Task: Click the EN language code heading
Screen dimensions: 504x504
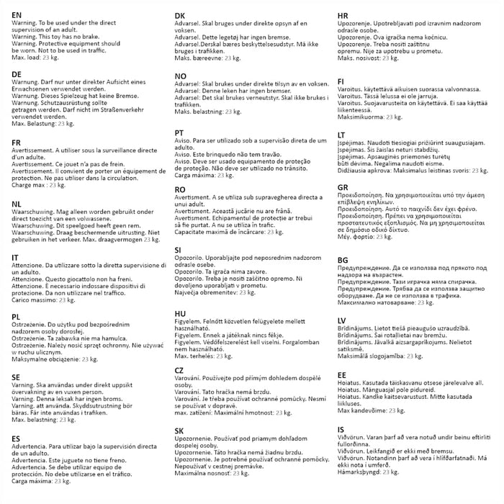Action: coord(17,15)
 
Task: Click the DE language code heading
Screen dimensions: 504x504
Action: coord(17,75)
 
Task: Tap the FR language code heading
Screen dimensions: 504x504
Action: coord(17,143)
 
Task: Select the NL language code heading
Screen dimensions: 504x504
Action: coord(17,204)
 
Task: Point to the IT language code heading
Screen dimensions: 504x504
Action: coord(15,257)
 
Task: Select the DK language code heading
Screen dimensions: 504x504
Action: coord(181,15)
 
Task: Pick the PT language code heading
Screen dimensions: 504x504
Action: coord(180,133)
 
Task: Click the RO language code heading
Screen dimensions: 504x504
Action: coord(181,189)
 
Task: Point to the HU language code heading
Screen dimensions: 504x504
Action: coord(181,314)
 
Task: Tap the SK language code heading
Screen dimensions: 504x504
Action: coord(180,431)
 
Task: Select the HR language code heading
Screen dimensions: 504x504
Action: coord(343,15)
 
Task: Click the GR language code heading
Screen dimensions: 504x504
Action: coord(343,187)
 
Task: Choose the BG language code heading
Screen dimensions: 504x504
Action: coord(343,260)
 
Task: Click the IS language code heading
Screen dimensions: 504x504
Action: coord(341,430)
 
